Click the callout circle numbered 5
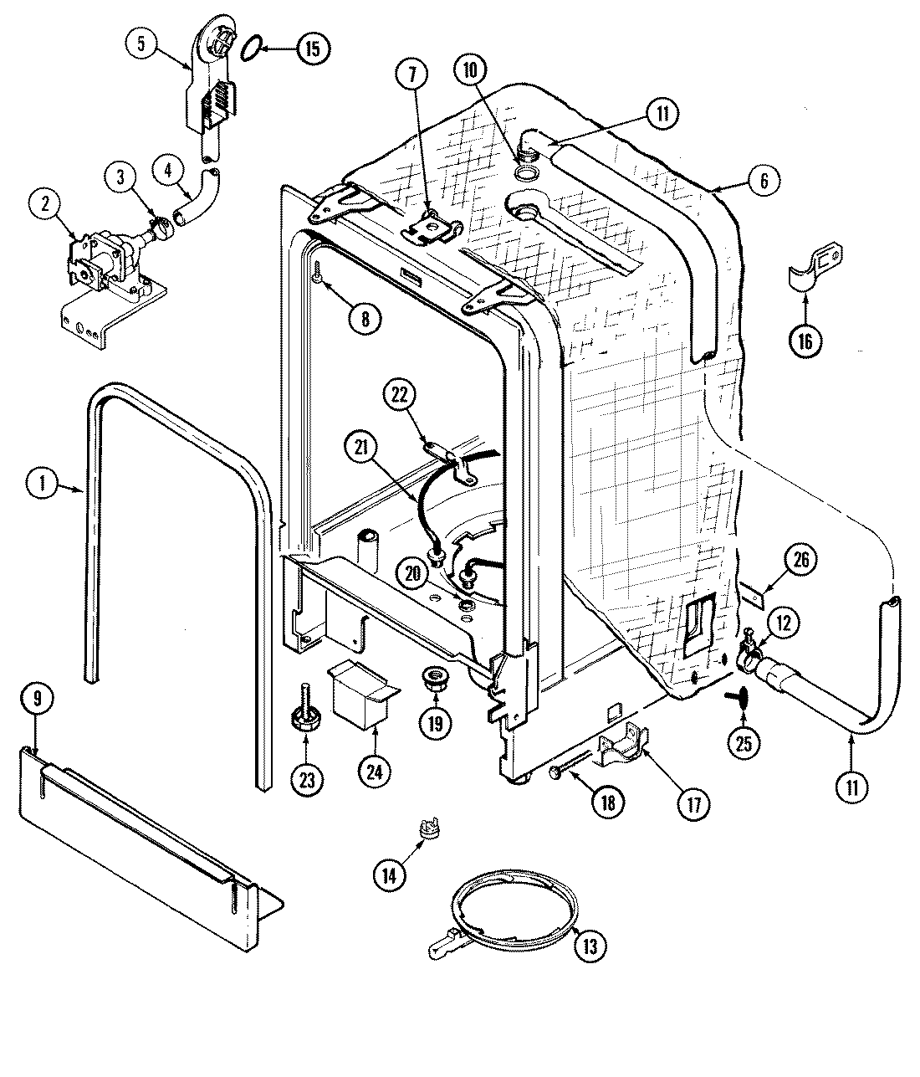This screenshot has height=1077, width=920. click(141, 44)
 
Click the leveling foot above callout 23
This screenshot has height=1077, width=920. click(305, 719)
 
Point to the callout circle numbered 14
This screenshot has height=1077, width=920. click(391, 874)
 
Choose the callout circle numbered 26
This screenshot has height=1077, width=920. click(800, 560)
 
